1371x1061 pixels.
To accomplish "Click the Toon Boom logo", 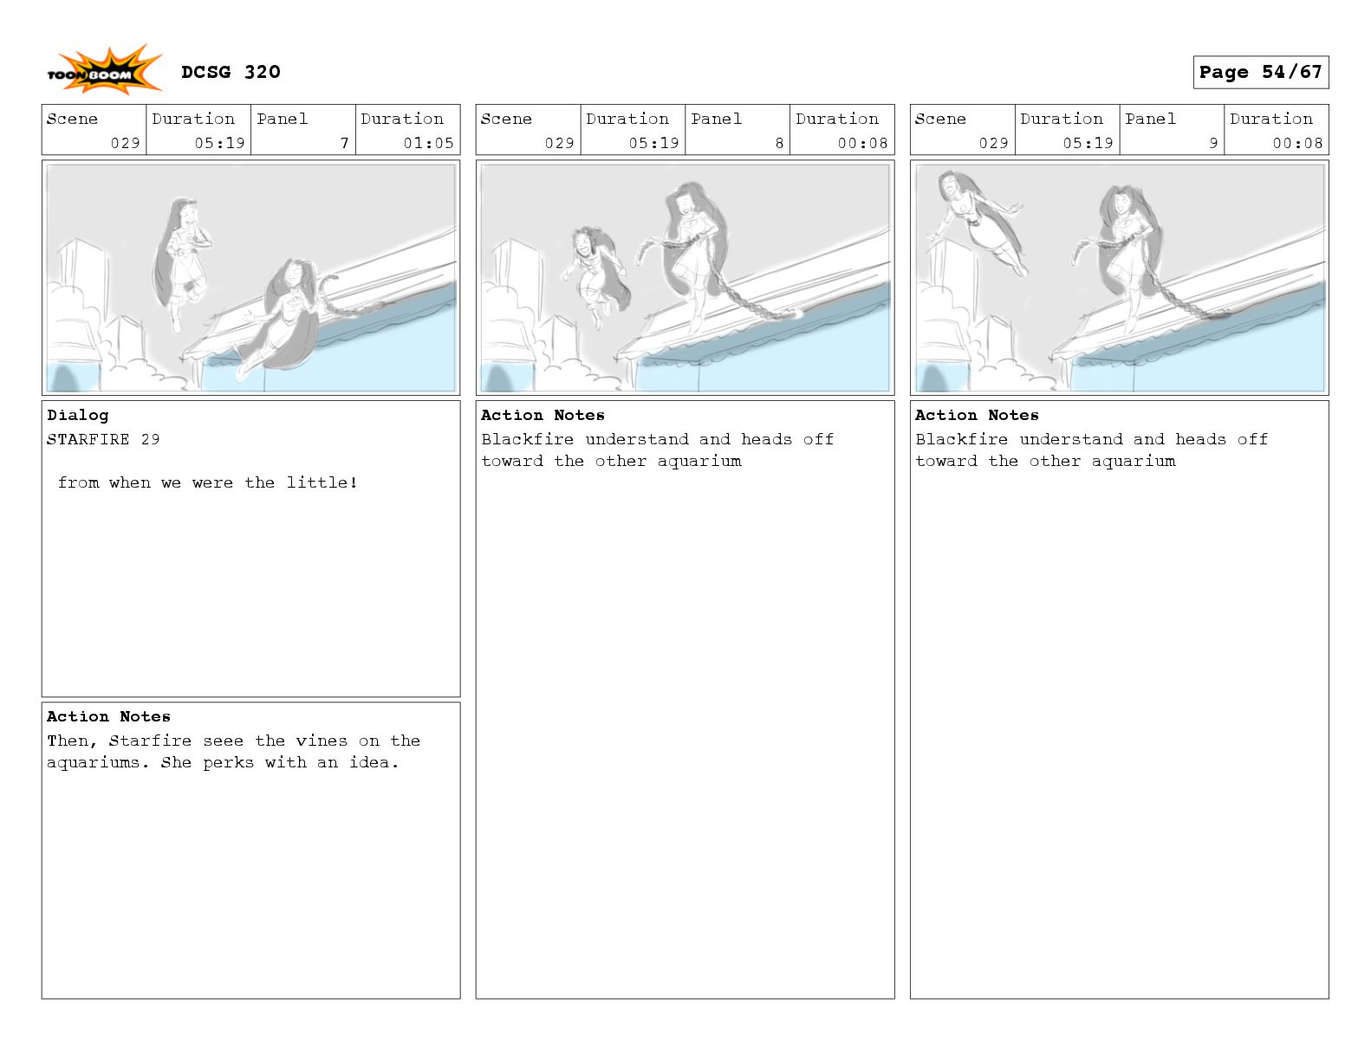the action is tap(103, 70).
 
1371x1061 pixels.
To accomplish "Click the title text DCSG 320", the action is tap(231, 72).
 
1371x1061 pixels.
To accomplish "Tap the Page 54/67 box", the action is tap(1260, 72).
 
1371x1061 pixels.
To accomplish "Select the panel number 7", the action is tap(345, 143).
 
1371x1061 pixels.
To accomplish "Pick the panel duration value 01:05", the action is tap(428, 143).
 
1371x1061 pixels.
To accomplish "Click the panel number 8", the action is tap(779, 143).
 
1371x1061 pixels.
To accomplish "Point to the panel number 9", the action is tap(1213, 143).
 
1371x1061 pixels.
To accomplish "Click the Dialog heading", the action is tap(78, 415).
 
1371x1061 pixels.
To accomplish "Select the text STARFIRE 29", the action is tap(103, 439).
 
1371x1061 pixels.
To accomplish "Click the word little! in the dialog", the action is tap(322, 482).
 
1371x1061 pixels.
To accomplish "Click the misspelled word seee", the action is tap(224, 741).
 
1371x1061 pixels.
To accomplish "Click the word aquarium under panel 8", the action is tap(699, 461).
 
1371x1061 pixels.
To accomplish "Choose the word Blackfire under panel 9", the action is tap(962, 439).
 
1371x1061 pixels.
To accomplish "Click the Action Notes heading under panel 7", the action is tap(108, 716).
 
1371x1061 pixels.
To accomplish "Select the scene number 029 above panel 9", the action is tap(993, 143).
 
